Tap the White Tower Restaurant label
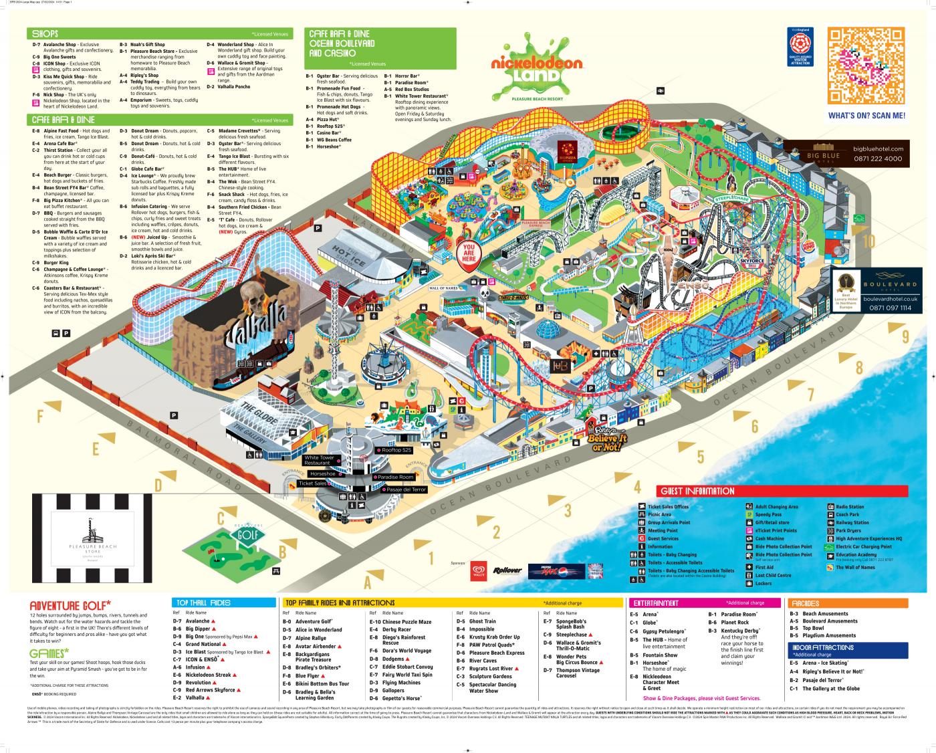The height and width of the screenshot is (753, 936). click(x=319, y=460)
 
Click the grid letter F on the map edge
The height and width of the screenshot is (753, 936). click(x=40, y=417)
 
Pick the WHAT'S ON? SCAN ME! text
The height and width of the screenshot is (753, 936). click(x=866, y=116)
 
